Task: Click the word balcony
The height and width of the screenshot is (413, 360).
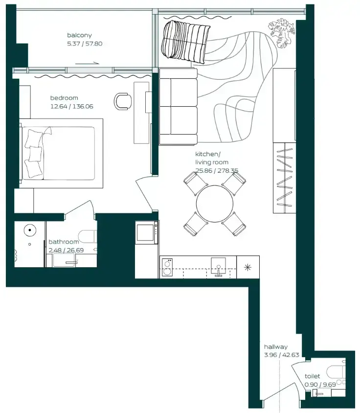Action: [79, 35]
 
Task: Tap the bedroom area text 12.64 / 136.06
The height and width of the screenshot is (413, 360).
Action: [71, 106]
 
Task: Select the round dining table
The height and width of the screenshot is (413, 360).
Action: [215, 204]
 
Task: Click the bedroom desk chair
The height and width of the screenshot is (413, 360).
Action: [123, 101]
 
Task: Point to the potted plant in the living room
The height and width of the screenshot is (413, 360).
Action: [281, 33]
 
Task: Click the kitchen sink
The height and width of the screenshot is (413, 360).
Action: [218, 266]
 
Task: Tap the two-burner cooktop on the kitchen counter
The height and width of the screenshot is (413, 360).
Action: [167, 267]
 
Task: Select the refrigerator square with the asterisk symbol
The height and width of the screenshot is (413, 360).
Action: [248, 267]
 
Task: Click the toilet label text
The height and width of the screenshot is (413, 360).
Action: [313, 376]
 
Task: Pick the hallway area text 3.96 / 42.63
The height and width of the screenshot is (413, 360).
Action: [282, 355]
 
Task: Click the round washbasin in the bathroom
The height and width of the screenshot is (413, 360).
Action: [30, 230]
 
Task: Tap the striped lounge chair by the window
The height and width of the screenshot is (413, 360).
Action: [185, 42]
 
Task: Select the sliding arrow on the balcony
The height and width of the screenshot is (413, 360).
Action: [87, 63]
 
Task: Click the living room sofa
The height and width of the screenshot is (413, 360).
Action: [179, 106]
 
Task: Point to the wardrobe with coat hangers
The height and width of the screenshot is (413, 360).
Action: [284, 178]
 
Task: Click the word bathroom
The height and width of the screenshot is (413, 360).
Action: [64, 242]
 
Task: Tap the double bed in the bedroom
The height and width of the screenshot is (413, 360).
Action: [61, 154]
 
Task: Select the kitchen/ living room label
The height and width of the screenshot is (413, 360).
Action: [212, 158]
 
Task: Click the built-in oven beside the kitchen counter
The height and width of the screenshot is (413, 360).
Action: [147, 232]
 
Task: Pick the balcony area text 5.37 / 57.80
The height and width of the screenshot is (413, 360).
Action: [85, 44]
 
